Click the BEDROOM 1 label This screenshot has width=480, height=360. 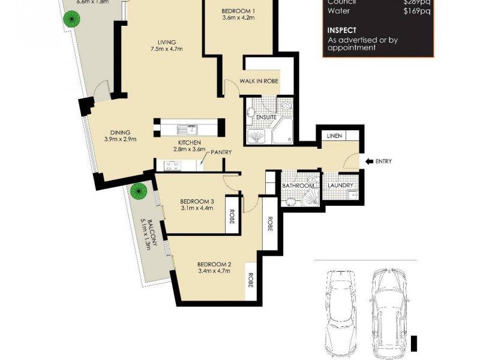coord(238,11)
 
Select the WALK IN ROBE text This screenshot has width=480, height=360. coord(259,81)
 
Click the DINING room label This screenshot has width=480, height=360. coord(120,133)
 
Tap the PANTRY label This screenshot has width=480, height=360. coord(220,152)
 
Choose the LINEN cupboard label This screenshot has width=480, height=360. coord(334,136)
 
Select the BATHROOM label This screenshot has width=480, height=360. coord(298,186)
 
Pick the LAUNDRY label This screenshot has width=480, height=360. coord(340,185)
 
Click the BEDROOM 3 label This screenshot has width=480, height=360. coord(197,201)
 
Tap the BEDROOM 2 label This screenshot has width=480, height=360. coord(214,265)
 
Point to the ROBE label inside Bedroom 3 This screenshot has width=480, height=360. coord(232,215)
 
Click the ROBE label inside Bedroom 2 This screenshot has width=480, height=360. coord(251,281)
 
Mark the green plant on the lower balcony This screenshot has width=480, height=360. coord(139,192)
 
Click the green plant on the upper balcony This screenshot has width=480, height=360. coord(71,19)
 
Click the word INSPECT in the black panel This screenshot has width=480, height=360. coord(341,30)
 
